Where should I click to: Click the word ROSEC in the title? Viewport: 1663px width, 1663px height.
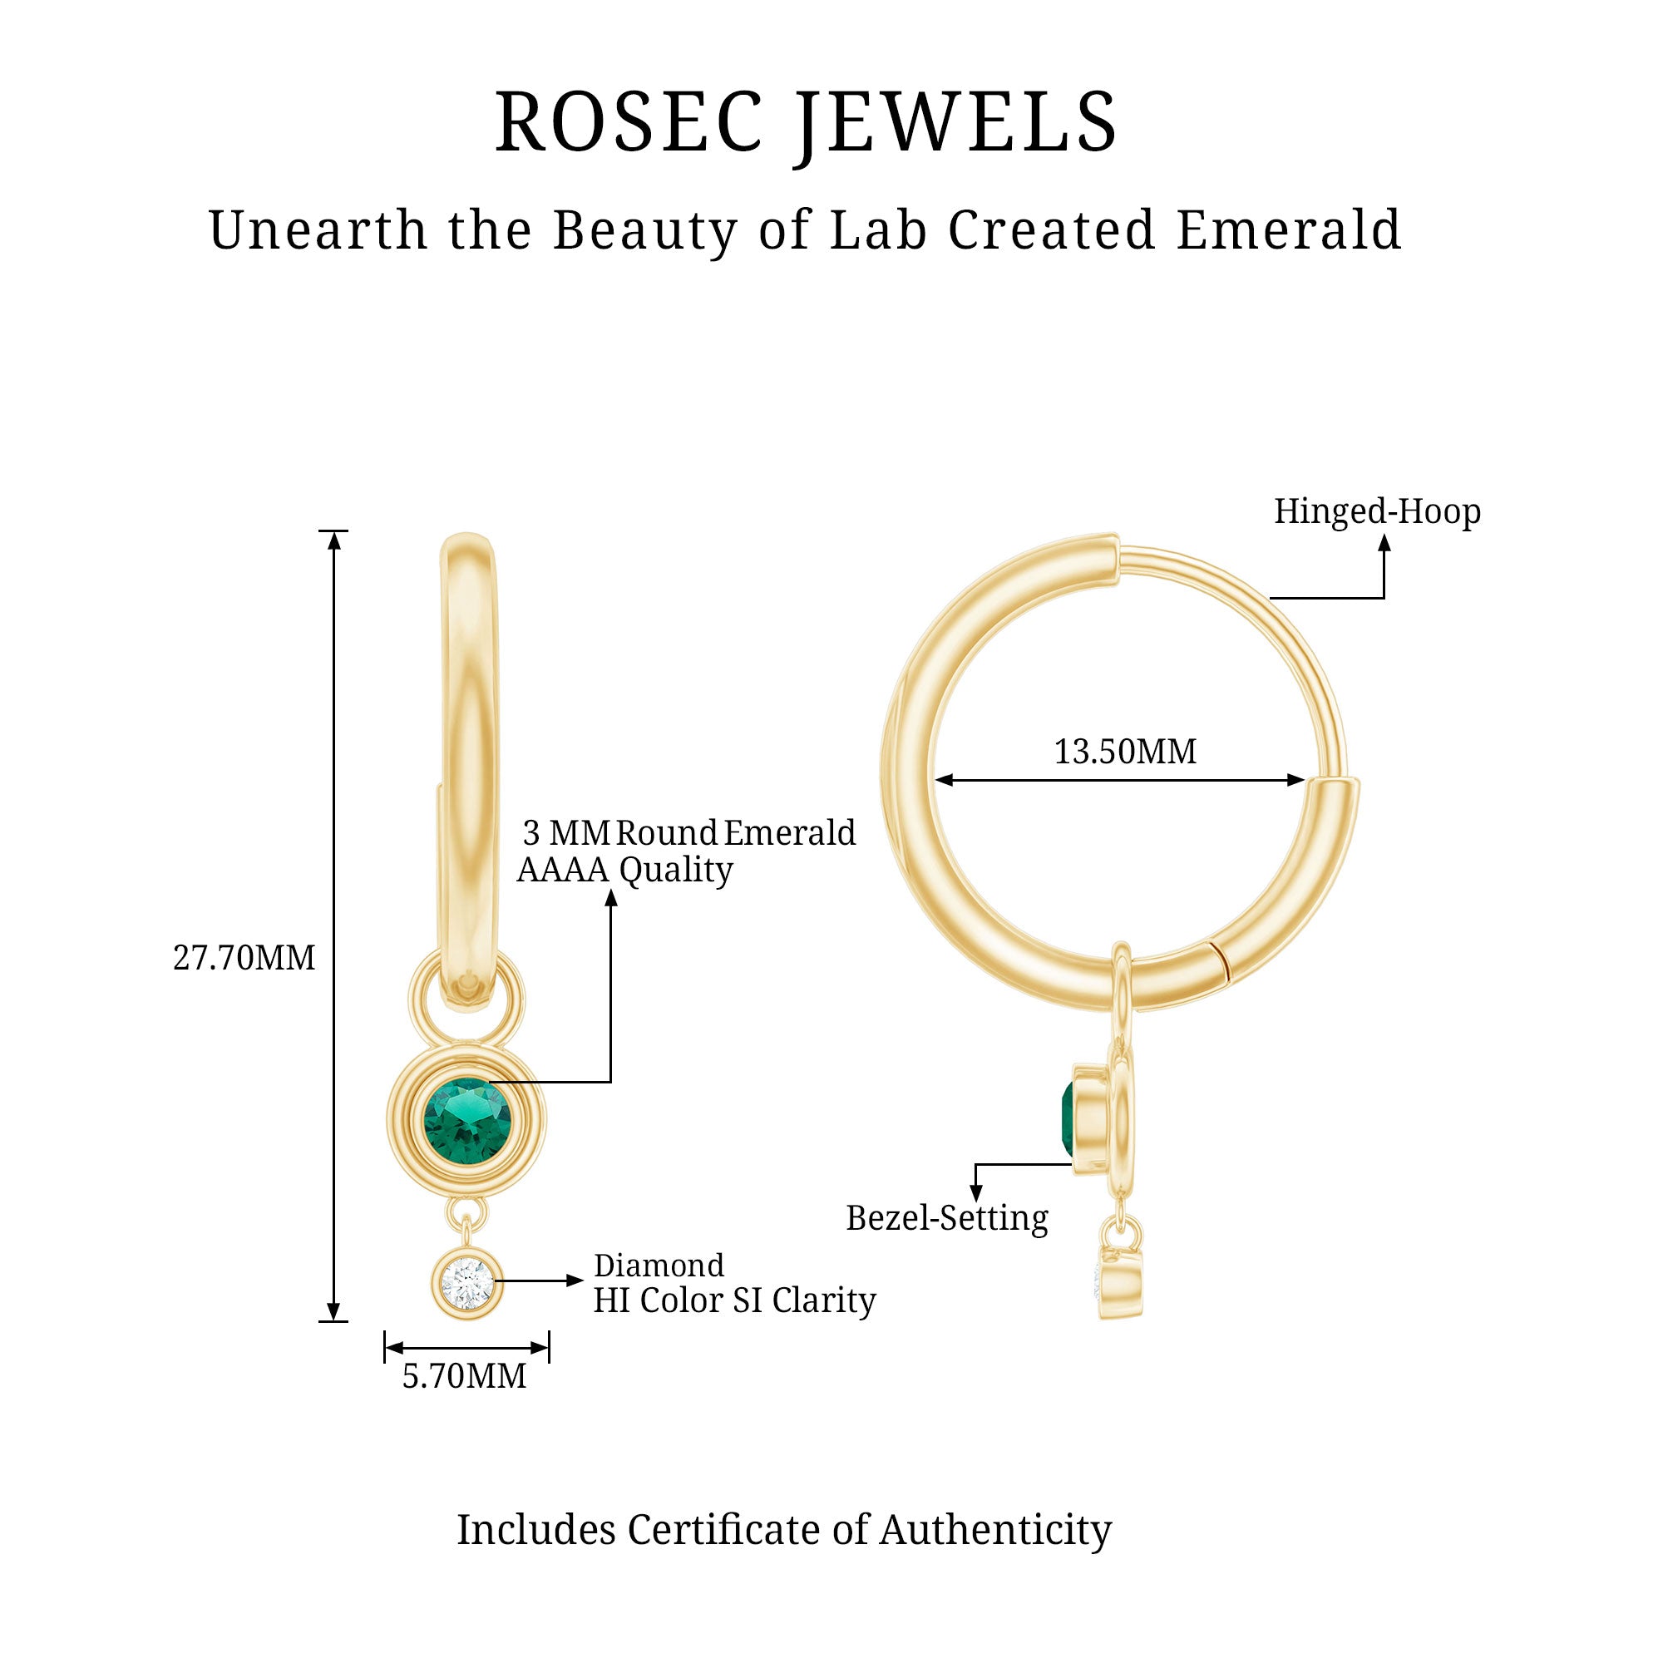tap(629, 122)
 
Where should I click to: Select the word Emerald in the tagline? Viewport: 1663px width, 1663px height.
tap(1289, 230)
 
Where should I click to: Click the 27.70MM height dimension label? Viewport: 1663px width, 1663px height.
tap(244, 958)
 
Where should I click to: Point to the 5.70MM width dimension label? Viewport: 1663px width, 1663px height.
tap(464, 1376)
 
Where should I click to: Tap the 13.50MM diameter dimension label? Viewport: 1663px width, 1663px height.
tap(1125, 753)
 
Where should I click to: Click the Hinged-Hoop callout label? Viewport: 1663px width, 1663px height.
tap(1376, 511)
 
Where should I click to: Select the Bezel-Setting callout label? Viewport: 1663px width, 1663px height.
tap(947, 1218)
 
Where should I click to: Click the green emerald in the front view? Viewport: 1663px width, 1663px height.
tap(466, 1120)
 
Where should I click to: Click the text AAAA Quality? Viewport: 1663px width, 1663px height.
tap(624, 871)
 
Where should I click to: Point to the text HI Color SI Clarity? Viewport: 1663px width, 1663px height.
tap(733, 1300)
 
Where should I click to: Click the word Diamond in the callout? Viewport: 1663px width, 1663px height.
tap(659, 1266)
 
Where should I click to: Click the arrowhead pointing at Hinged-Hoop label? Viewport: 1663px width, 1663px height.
tap(1384, 543)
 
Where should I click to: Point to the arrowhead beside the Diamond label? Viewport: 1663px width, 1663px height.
tap(575, 1281)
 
